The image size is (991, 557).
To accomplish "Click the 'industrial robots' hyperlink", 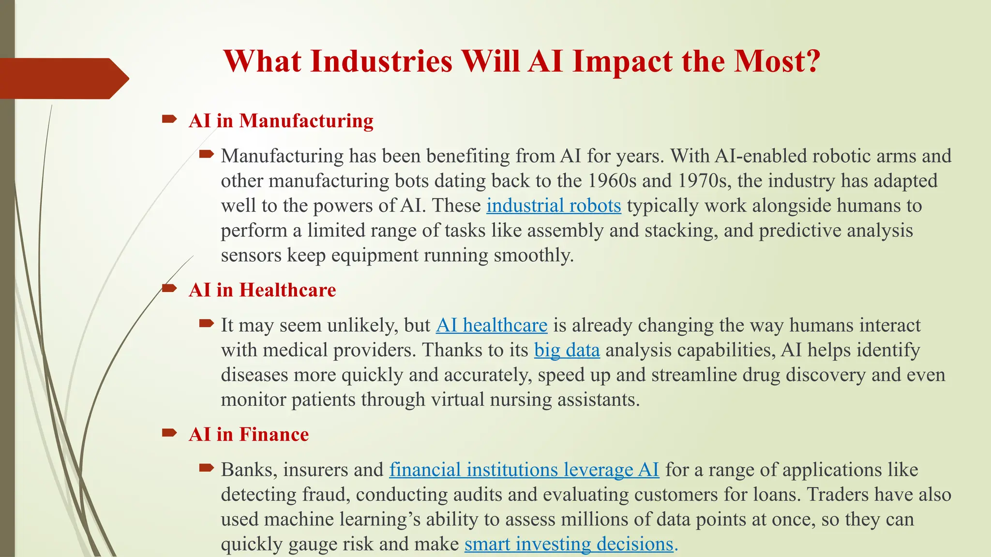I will coord(554,206).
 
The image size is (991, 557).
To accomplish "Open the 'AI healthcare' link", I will coord(492,325).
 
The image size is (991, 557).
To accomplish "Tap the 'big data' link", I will coord(567,350).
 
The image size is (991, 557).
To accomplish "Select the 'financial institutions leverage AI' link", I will coord(524,470).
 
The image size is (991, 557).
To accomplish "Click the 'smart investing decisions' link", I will coord(569,544).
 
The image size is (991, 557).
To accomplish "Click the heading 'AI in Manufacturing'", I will coord(281,121).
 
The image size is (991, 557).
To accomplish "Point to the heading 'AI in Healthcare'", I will coord(262,290).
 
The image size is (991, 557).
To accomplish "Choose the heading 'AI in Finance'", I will coord(249,435).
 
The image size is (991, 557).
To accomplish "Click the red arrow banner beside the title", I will coord(63,79).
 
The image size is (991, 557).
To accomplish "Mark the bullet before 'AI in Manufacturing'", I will coord(169,119).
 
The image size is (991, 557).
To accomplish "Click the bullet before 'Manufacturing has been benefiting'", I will coord(207,155).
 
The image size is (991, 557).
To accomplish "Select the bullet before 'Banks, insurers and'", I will coord(207,468).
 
